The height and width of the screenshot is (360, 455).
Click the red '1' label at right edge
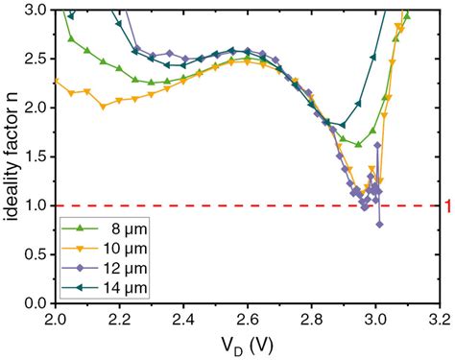[447, 205]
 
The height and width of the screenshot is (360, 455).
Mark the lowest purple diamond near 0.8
[379, 225]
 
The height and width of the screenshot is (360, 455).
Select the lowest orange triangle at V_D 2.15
[103, 108]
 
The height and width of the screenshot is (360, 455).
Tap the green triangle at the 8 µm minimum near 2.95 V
[358, 145]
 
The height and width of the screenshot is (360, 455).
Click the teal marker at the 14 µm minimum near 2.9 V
[342, 126]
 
